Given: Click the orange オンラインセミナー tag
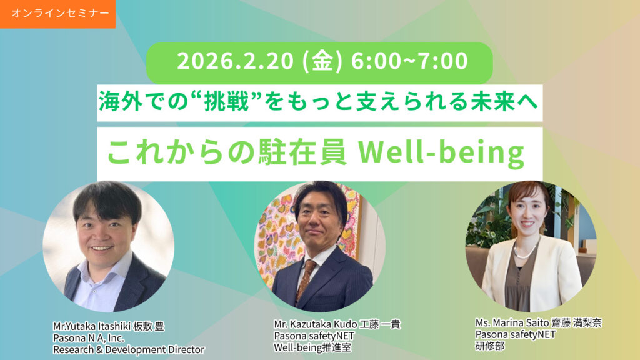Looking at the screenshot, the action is pos(57,14).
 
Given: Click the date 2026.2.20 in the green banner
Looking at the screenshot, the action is pos(235,61).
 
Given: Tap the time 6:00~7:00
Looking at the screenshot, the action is pos(409,61).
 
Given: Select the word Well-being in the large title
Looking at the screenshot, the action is pos(441,152).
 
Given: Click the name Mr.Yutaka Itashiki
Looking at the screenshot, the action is pos(91,326).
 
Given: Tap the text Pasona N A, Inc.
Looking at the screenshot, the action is pos(89,338).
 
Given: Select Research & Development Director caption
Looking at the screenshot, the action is pos(129,350).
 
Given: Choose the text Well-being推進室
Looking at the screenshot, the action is pos(312,347).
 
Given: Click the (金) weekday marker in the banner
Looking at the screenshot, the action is pos(322,61).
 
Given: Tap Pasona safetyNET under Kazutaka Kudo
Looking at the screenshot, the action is pos(314,336).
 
